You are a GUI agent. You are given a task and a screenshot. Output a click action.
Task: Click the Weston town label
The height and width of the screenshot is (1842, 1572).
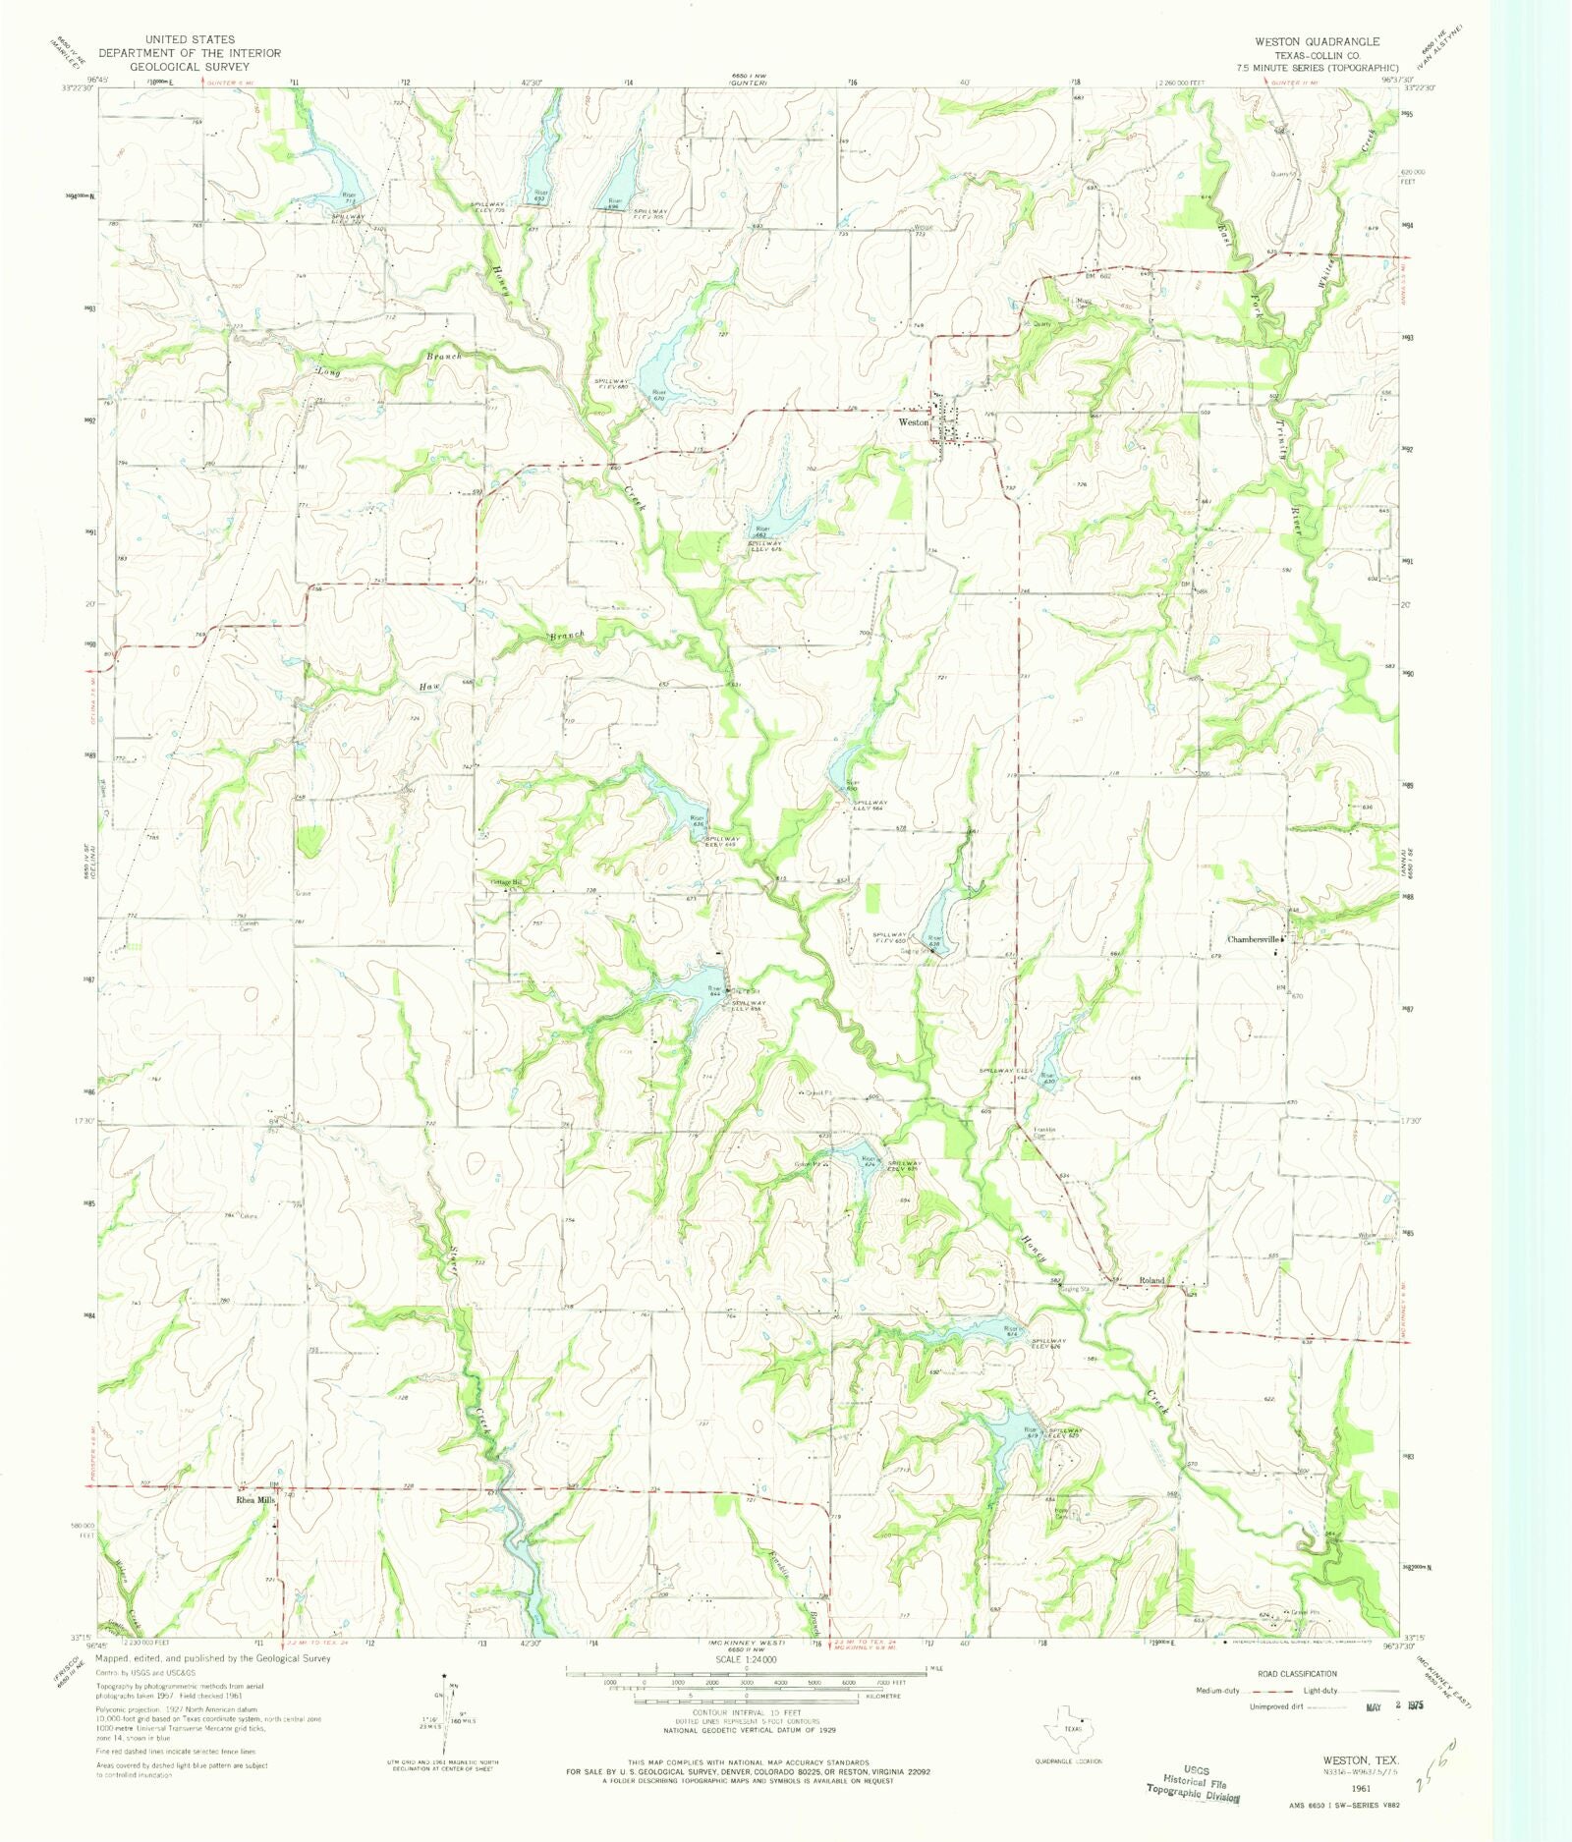pos(913,421)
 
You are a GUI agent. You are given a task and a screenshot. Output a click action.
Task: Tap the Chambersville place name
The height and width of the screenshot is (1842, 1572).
pos(1253,939)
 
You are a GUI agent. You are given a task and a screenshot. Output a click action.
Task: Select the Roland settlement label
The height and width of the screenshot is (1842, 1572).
pos(1151,1280)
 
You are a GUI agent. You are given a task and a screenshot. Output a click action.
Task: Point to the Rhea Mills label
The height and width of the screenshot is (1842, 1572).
pos(253,1501)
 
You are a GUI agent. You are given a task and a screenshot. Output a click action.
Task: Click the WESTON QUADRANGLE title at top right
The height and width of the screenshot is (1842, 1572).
pos(1316,41)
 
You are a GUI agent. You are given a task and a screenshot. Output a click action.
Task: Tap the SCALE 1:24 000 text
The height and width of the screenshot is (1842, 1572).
pos(746,1659)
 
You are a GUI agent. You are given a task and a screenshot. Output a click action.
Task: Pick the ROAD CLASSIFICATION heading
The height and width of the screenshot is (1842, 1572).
pos(1297,1674)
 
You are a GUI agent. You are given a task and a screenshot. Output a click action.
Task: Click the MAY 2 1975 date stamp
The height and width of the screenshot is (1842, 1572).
pos(1394,1706)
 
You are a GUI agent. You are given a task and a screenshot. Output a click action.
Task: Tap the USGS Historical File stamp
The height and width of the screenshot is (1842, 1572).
pos(1191,1784)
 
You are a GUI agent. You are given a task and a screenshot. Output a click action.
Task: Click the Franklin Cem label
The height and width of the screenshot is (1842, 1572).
pos(1043,1132)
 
